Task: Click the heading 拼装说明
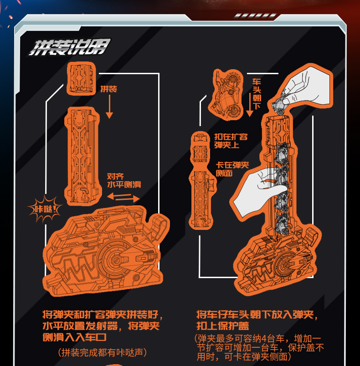[69, 47]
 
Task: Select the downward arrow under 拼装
[109, 107]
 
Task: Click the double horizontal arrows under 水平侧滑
[123, 198]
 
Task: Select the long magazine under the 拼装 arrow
[84, 156]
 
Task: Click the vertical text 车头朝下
[257, 94]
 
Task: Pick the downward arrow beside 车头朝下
[249, 104]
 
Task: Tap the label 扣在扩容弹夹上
[231, 141]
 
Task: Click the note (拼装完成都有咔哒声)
[103, 352]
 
